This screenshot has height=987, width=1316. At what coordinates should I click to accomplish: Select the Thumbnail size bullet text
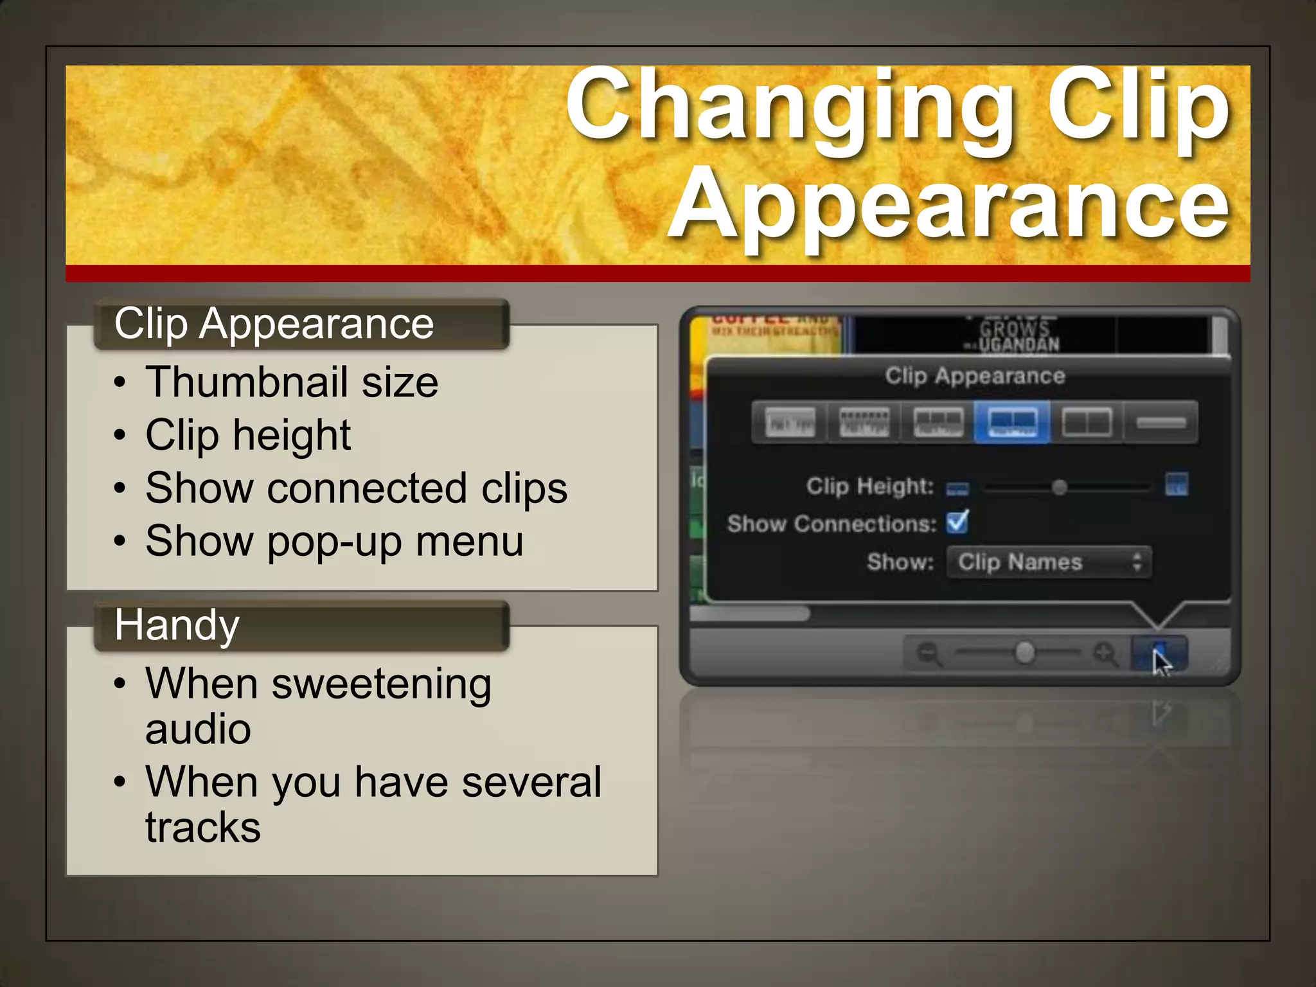click(x=292, y=383)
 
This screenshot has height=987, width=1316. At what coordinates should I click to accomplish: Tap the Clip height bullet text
click(x=248, y=436)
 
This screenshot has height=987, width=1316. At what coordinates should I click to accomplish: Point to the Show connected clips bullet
click(x=356, y=488)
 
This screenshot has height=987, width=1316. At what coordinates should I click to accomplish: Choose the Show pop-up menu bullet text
click(x=334, y=541)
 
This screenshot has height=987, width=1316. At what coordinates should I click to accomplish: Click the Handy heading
click(x=177, y=625)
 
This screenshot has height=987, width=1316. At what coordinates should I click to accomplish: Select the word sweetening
click(x=382, y=684)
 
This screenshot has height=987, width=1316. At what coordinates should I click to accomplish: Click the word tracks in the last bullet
click(x=203, y=828)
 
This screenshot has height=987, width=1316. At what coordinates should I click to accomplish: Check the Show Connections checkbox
click(x=957, y=522)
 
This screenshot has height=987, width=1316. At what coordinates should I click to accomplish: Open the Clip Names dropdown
click(x=1049, y=562)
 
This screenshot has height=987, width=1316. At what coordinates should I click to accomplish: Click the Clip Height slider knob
click(x=1060, y=488)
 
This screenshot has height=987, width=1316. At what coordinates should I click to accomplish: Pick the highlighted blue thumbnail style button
click(x=1012, y=422)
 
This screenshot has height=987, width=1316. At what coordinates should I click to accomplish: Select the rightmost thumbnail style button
click(x=1160, y=422)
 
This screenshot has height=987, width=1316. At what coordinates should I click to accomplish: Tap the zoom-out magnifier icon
click(x=929, y=654)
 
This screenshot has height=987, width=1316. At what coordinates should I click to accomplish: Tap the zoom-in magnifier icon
click(x=1105, y=654)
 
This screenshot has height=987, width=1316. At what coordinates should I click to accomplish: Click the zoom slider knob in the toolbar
click(x=1025, y=653)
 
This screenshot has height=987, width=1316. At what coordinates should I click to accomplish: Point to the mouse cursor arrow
click(x=1160, y=662)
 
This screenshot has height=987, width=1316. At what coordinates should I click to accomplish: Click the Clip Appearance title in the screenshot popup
click(x=975, y=376)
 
